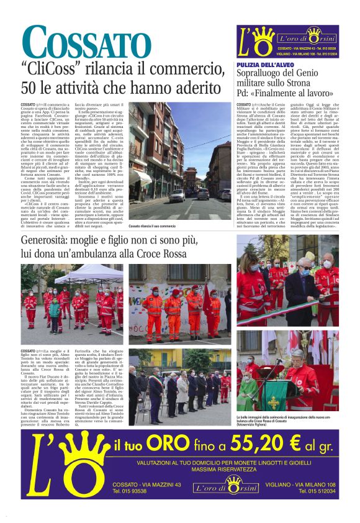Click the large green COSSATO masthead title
tap(87, 43)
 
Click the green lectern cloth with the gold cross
tap(274, 398)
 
